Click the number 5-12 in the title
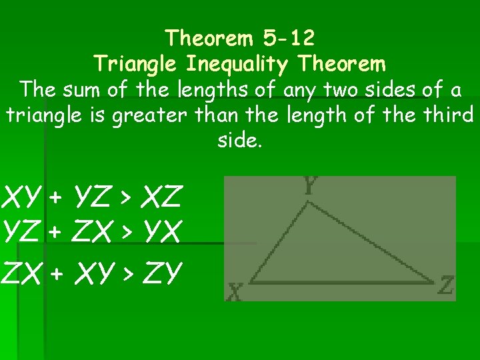coord(287,38)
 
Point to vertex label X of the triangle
coord(235,291)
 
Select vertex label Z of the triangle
coord(446,287)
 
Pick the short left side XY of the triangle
coord(279,242)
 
